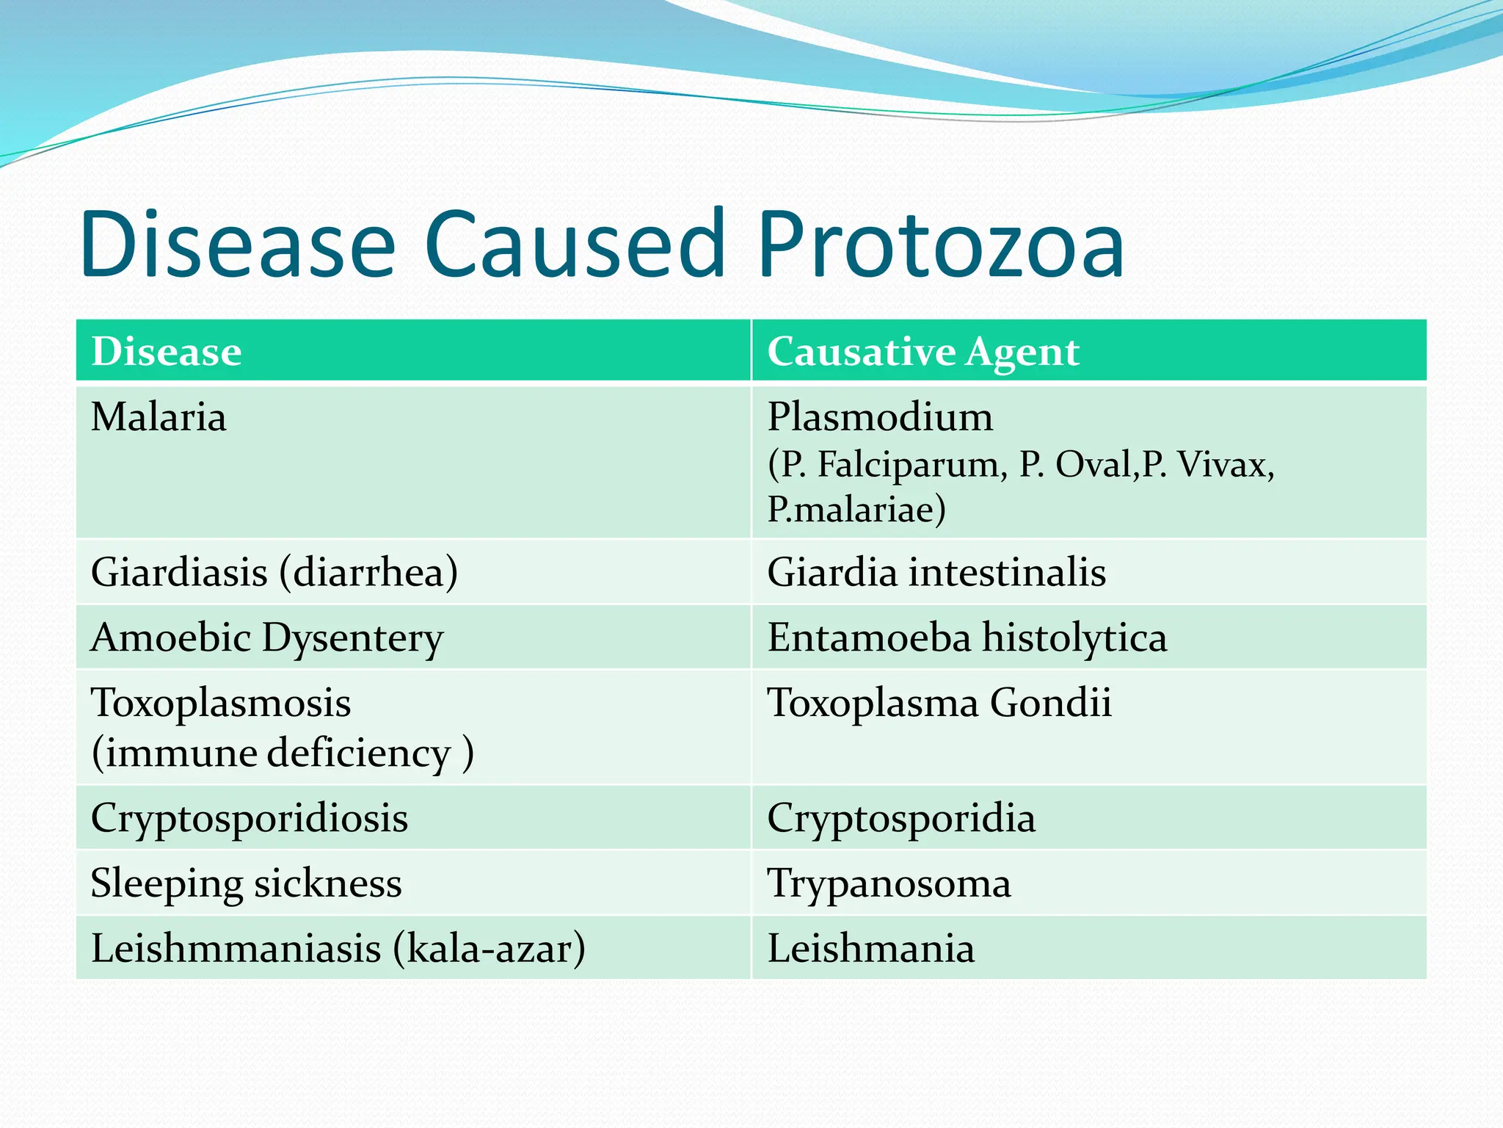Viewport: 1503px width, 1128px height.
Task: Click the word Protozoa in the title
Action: coord(941,245)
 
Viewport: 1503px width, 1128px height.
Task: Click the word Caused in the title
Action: coord(575,245)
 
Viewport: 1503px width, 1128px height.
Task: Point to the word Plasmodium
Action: coord(880,417)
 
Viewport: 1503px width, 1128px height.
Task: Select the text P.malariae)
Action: coord(856,509)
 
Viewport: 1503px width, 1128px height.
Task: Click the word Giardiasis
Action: coord(179,572)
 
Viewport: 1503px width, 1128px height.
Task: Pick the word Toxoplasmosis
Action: coord(221,703)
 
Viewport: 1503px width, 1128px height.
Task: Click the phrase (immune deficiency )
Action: coord(283,753)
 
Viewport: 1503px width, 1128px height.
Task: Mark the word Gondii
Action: coord(1050,703)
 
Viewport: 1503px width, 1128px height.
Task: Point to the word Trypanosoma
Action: coord(889,883)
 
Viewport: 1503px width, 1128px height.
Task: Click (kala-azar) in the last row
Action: coord(489,948)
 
